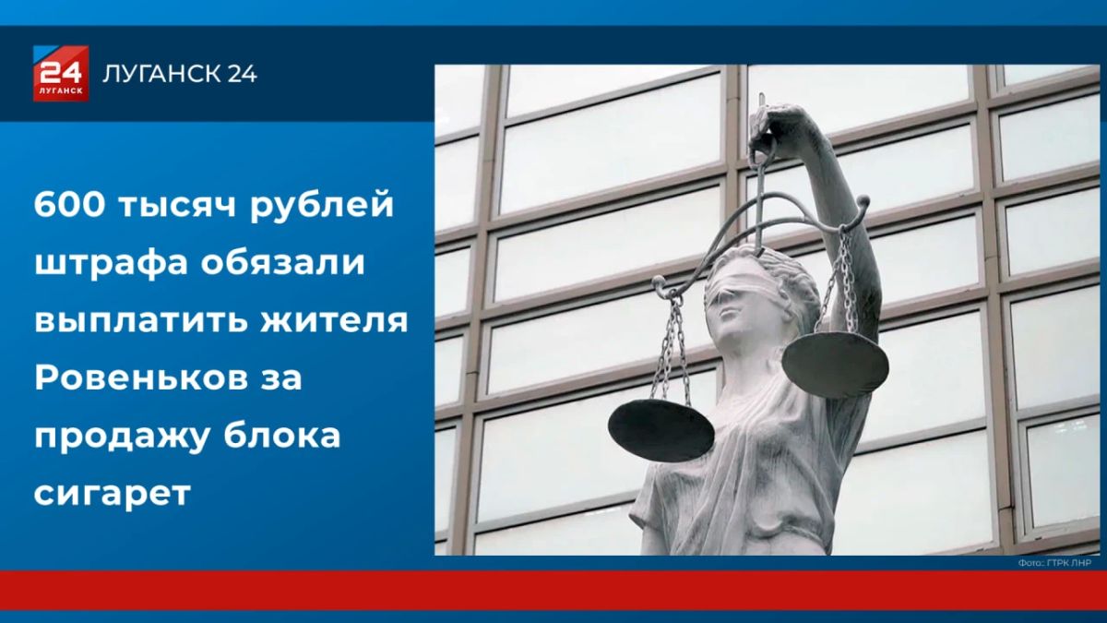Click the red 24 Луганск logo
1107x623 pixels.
click(x=61, y=73)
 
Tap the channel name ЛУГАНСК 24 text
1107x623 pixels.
click(x=179, y=74)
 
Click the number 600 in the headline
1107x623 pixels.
click(x=69, y=204)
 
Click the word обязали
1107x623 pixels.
click(x=282, y=262)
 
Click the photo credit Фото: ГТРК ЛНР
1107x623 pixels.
click(x=1054, y=563)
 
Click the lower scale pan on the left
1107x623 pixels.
click(x=661, y=430)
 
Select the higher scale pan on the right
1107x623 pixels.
click(x=835, y=364)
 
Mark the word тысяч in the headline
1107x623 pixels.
click(x=177, y=206)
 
